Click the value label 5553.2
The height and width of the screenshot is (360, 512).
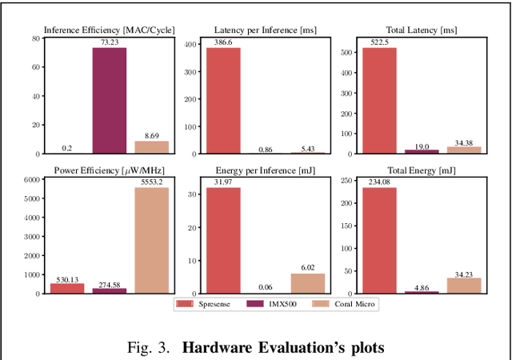click(151, 182)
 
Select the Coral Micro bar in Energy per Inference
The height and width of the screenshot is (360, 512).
click(306, 283)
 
